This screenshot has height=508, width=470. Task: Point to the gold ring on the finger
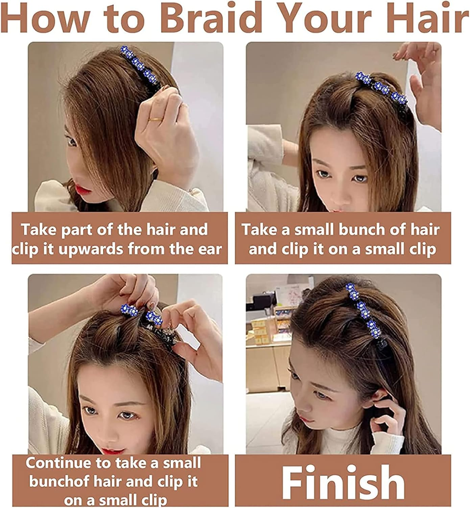pyautogui.click(x=156, y=119)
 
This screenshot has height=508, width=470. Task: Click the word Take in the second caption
pyautogui.click(x=259, y=229)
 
